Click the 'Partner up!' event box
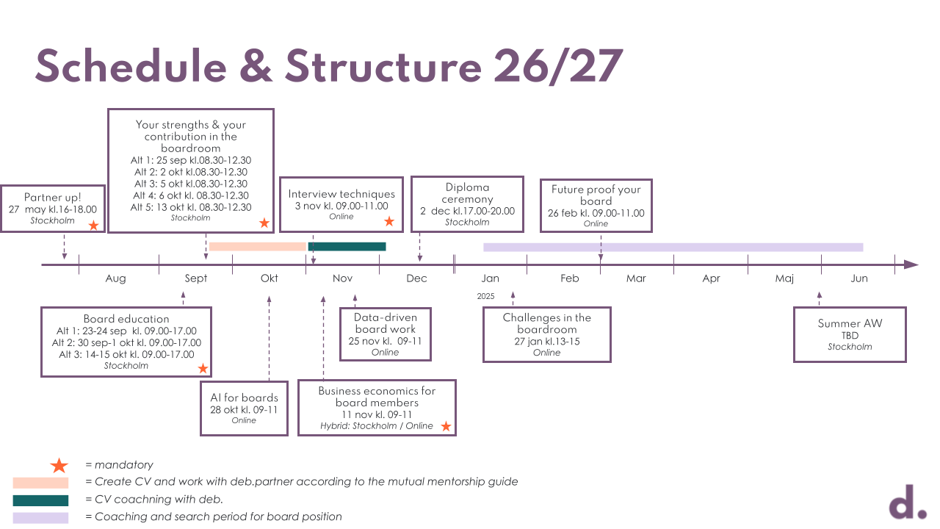click(53, 209)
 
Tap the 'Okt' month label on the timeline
click(270, 278)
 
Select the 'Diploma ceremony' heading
click(467, 193)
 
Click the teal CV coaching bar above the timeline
click(347, 247)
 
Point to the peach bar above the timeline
click(257, 247)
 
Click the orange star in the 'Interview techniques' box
click(389, 221)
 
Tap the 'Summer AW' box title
click(850, 323)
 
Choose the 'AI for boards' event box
click(244, 409)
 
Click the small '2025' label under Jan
click(485, 297)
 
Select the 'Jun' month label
click(859, 278)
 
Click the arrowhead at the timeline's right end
click(911, 264)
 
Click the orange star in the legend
click(59, 466)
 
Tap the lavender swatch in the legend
click(40, 518)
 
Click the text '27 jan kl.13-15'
click(546, 342)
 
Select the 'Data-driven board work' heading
click(385, 324)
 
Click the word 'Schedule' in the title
click(131, 66)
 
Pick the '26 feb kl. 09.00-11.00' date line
click(596, 213)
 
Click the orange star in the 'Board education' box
click(203, 369)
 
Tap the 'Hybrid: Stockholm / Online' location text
click(377, 426)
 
